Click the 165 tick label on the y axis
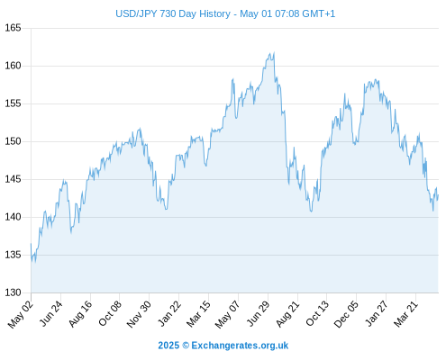pos(13,28)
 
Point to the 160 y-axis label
pos(13,66)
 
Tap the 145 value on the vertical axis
pos(13,179)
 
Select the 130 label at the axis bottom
pos(13,292)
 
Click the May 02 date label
pos(21,314)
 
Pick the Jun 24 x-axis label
pos(50,313)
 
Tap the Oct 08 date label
pos(110,313)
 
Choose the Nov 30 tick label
pos(139,314)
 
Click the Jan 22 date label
pos(169,313)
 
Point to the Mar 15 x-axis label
pos(198,314)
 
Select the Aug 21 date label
pos(287,314)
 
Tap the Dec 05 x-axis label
pos(346,314)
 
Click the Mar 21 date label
pos(405,314)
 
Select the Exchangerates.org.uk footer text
pos(240,346)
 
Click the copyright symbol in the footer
pos(186,346)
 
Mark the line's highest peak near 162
pos(274,52)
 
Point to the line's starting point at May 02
pos(31,244)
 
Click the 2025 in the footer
pos(168,346)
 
